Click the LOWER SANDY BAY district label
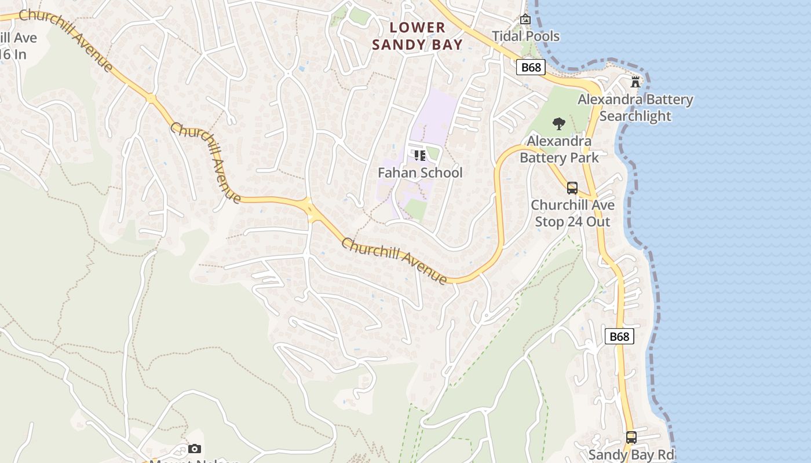click(417, 36)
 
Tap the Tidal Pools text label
click(525, 36)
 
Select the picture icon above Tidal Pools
click(525, 19)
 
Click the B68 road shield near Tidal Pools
click(531, 67)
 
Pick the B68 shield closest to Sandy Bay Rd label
click(619, 336)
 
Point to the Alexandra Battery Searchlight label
click(635, 108)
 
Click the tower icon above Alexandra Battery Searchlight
click(635, 82)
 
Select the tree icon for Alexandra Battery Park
click(559, 123)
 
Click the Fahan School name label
click(420, 172)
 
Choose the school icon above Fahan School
click(420, 155)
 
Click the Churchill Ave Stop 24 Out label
click(572, 213)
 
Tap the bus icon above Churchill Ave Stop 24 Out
click(572, 188)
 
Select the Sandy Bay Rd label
click(631, 454)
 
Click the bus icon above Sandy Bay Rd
click(631, 438)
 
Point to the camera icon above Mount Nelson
click(195, 449)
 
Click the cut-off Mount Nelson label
click(195, 461)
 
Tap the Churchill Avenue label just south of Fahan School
click(394, 261)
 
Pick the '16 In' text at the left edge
click(13, 54)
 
